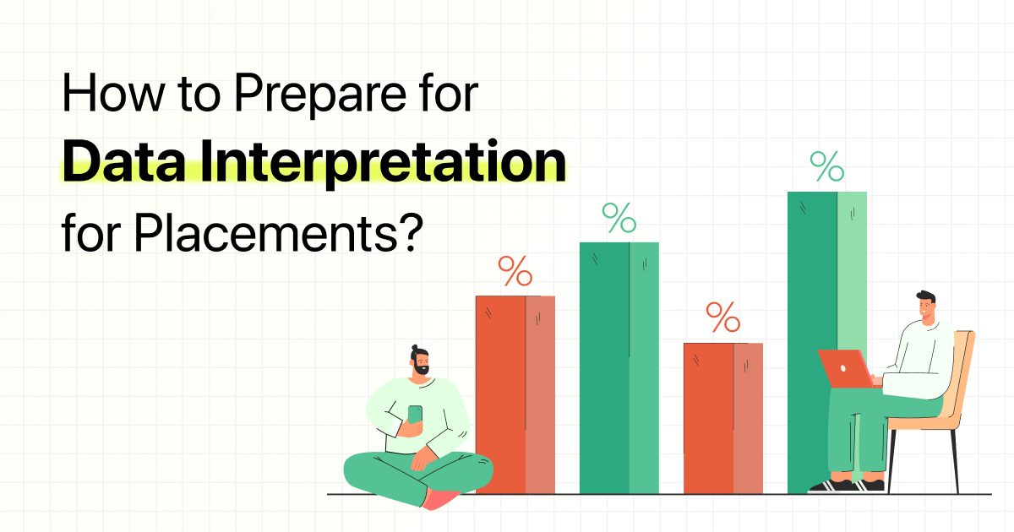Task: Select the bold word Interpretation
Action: (401, 161)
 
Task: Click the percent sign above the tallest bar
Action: (826, 166)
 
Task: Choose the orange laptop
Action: (846, 368)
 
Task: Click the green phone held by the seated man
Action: (415, 415)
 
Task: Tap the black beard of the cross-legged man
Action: (420, 370)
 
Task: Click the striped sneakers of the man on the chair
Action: (845, 486)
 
